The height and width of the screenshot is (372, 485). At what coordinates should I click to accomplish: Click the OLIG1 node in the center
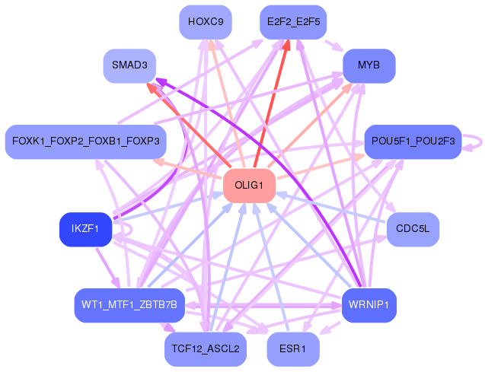click(249, 186)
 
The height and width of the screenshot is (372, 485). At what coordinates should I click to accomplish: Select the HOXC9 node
click(206, 22)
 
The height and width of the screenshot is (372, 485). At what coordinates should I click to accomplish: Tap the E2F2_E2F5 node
click(293, 22)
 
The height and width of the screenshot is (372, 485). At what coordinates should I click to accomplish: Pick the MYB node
click(369, 65)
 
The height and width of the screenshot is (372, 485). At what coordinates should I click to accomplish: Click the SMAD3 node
click(129, 65)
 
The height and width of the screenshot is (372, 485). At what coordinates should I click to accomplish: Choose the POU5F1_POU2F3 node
click(413, 141)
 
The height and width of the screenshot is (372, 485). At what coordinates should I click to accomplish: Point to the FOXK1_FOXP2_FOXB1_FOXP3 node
click(86, 141)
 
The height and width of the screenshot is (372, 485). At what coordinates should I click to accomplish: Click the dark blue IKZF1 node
click(85, 229)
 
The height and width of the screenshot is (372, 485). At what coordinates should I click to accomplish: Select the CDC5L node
click(413, 229)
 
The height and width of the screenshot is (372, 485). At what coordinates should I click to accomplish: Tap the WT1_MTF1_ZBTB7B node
click(129, 305)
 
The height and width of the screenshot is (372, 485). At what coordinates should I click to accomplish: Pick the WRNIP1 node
click(369, 305)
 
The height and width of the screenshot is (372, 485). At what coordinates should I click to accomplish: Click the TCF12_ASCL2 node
click(206, 349)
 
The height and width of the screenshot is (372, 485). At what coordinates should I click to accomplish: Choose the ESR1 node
click(293, 349)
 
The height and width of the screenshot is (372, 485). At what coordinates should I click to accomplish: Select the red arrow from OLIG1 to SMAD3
click(188, 126)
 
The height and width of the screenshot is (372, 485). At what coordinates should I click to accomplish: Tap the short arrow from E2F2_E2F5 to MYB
click(334, 46)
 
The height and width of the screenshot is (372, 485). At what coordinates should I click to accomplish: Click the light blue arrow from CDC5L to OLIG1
click(331, 208)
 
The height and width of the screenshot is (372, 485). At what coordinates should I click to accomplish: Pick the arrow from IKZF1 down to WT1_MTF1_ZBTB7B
click(107, 268)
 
